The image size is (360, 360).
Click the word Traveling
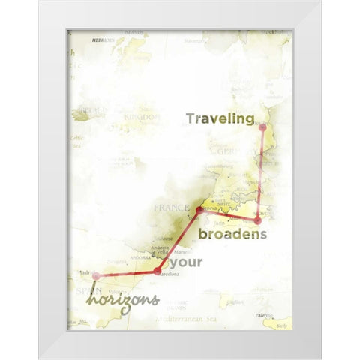click(220, 118)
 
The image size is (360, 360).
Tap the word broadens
click(232, 235)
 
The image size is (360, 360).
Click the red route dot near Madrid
click(96, 276)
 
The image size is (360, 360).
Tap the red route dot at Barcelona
click(157, 271)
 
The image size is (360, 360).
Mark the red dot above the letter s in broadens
click(258, 220)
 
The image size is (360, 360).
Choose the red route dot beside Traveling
click(262, 127)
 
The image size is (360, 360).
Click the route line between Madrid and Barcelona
click(126, 274)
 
